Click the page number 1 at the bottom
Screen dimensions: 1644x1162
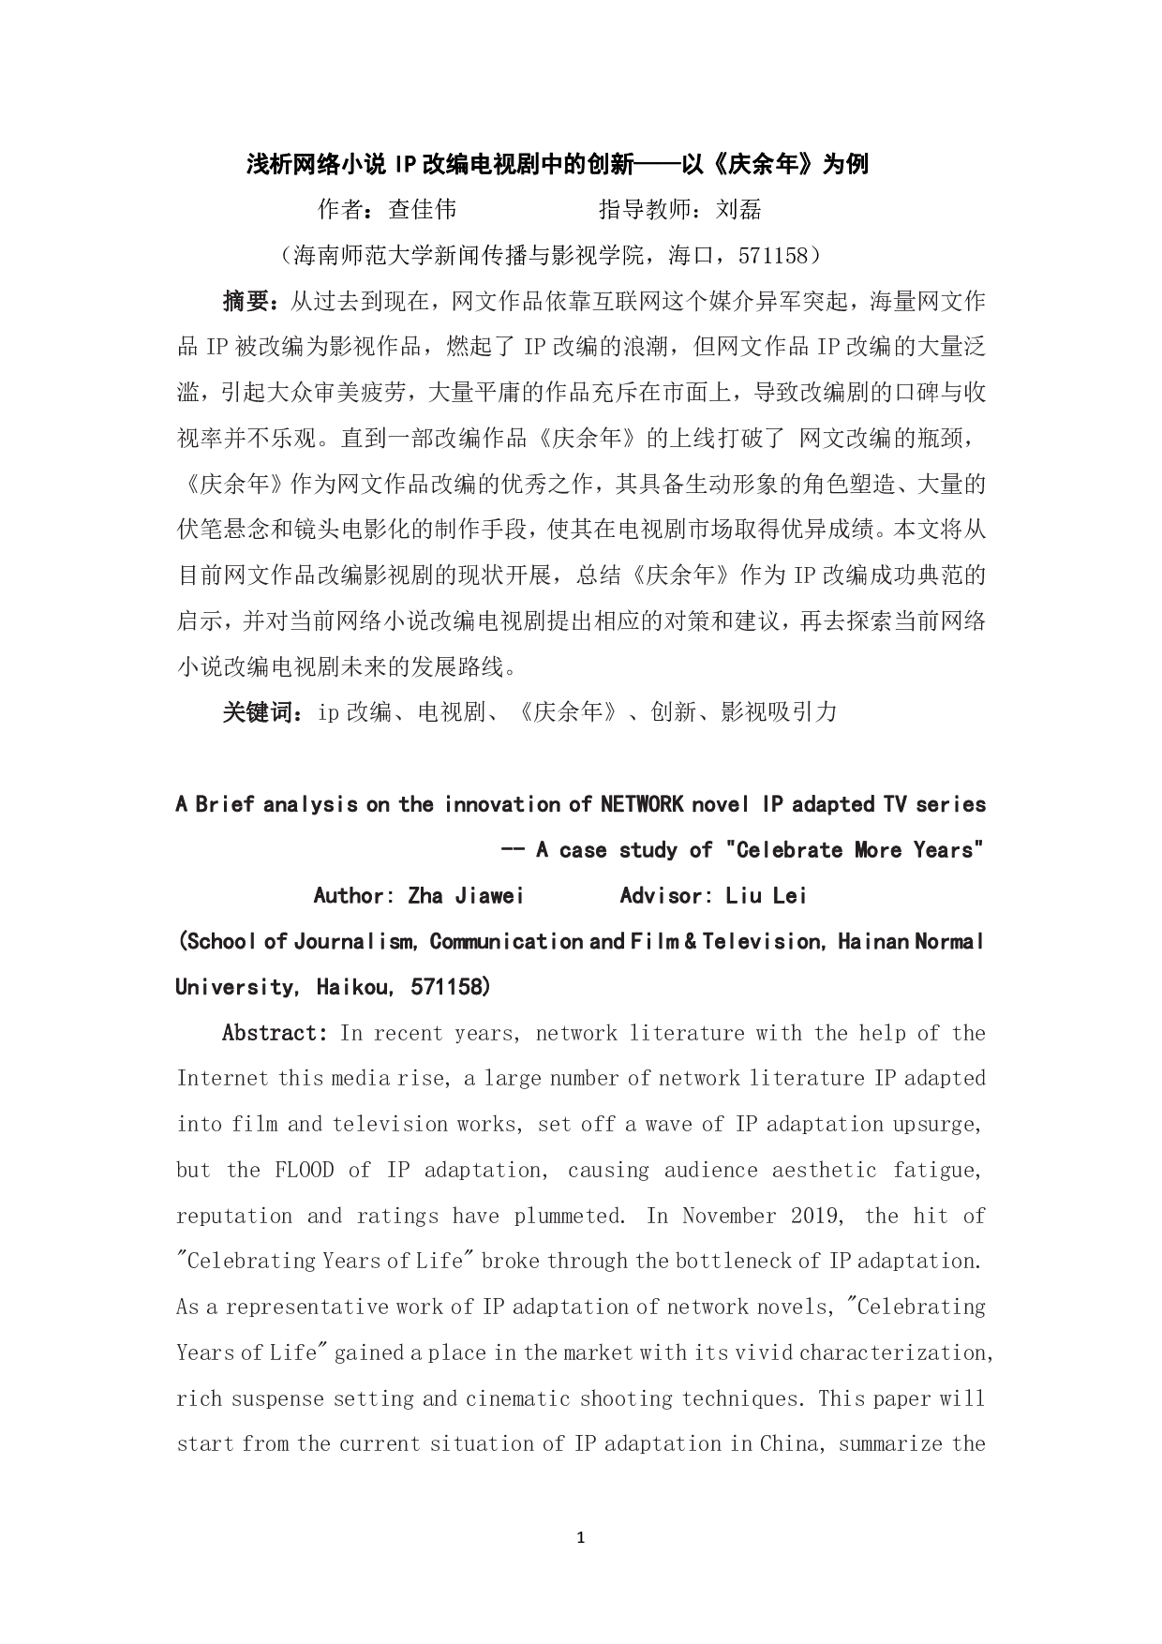click(581, 1538)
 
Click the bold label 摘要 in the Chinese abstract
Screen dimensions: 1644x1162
click(246, 302)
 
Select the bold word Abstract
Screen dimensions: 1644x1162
click(272, 1033)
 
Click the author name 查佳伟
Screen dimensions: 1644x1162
click(423, 209)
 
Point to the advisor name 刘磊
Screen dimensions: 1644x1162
click(737, 209)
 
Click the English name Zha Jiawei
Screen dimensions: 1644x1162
click(466, 896)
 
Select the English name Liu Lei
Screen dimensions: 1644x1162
click(766, 896)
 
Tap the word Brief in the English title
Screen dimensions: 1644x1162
click(225, 804)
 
